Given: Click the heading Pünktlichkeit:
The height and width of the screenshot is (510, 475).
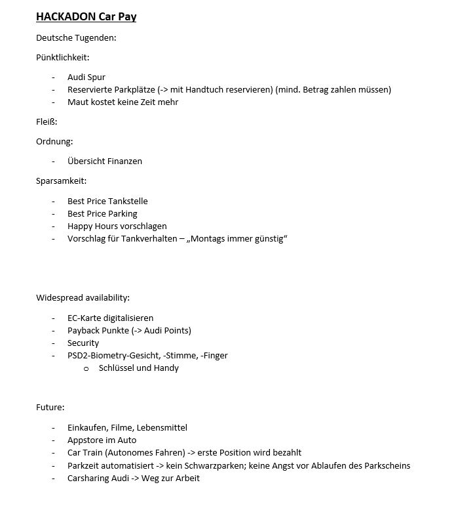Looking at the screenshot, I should (x=63, y=58).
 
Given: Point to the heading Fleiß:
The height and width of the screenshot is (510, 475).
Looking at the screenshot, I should (x=47, y=121).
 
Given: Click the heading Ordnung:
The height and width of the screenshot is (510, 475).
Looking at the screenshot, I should (x=54, y=141).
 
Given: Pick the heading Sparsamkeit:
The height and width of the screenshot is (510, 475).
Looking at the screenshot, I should (x=61, y=181).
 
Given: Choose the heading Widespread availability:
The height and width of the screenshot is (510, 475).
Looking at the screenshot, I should (x=83, y=298).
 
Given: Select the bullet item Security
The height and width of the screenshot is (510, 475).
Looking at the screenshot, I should (x=83, y=343).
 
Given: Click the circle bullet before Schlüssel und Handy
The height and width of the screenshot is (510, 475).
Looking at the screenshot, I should (x=86, y=369).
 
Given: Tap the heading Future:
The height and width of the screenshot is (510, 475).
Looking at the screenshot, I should (x=50, y=408).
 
